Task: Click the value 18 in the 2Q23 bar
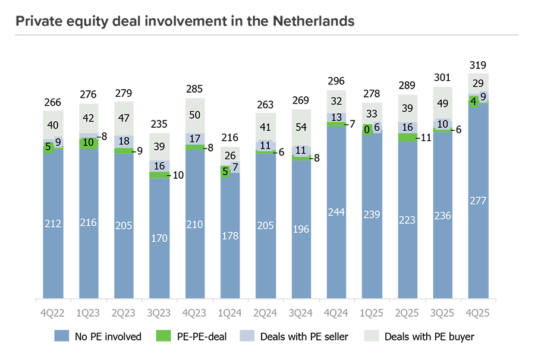click(124, 141)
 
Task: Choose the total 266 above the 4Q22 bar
click(53, 102)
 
